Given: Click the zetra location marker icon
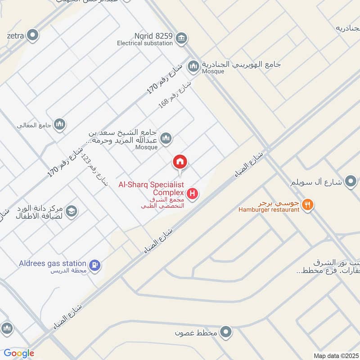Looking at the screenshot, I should tap(32, 34).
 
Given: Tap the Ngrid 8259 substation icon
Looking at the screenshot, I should tap(181, 37).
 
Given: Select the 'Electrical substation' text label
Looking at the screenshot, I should tap(145, 44).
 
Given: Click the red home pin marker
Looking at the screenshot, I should tap(180, 162).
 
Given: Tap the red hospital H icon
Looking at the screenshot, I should tap(193, 194).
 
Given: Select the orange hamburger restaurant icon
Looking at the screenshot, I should tap(307, 204).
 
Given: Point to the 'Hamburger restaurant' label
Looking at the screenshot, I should tap(269, 210).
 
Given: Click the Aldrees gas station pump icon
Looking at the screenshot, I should tap(94, 265).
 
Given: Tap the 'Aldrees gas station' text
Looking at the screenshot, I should tap(53, 263).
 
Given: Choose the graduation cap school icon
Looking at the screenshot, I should tap(71, 211).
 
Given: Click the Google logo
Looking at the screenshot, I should tap(19, 353).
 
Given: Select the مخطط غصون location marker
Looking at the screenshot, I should tap(227, 333).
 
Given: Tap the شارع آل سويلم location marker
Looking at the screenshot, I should tap(350, 182).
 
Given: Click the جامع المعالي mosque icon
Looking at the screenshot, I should tap(60, 124).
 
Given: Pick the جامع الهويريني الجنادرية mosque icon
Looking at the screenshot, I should tap(193, 66).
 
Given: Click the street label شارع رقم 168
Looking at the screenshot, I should tap(175, 94).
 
